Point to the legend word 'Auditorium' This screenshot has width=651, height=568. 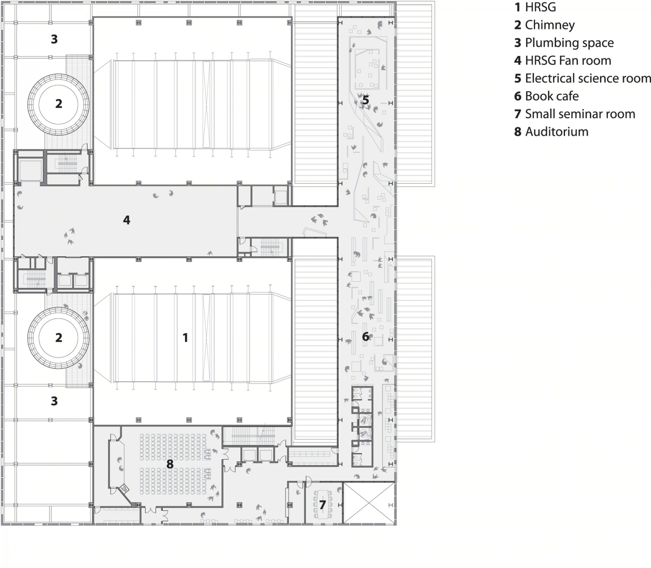tap(557, 132)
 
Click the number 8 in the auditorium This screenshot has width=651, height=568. tap(170, 464)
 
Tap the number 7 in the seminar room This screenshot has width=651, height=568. tap(322, 505)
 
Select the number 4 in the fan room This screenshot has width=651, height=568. tap(127, 220)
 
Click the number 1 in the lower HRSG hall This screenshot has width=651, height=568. tap(185, 337)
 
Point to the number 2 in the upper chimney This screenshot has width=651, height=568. tap(59, 104)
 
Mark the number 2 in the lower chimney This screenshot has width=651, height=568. tap(59, 337)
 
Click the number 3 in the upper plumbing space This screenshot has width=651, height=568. tap(54, 39)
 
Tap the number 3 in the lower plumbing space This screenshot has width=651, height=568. tap(54, 401)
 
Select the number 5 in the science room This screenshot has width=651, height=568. tap(365, 100)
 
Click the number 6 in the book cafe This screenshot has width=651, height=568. tap(365, 337)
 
